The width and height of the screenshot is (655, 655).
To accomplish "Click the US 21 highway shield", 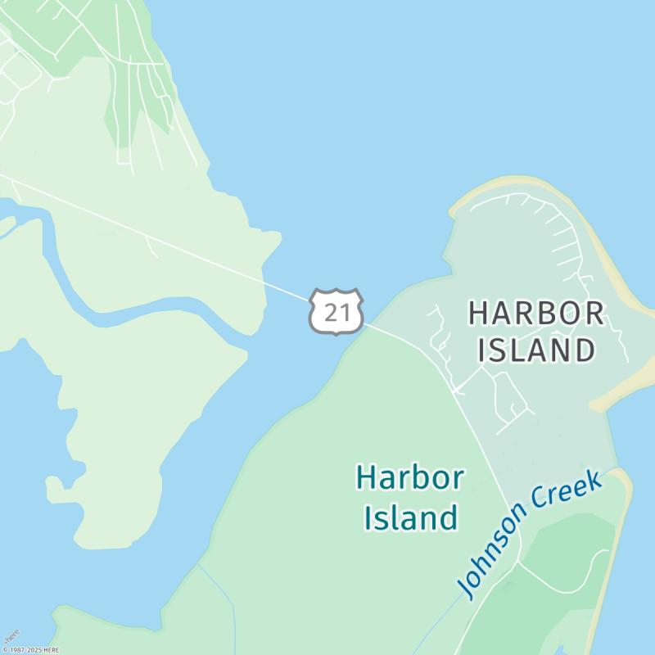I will [336, 311].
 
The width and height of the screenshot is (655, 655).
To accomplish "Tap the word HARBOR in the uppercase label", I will [536, 313].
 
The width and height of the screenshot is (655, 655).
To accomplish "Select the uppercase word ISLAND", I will [536, 350].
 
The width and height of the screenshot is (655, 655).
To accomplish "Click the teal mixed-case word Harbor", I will [410, 477].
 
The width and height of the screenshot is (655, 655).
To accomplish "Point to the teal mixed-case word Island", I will [410, 517].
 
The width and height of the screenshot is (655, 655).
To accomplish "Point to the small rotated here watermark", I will [11, 636].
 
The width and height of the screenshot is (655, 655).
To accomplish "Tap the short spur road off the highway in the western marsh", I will [151, 245].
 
